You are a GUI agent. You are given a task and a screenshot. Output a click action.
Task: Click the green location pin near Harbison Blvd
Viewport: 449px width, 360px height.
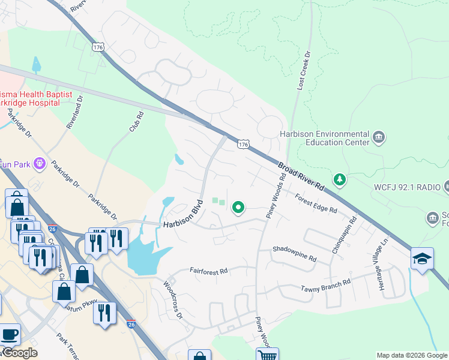(238, 208)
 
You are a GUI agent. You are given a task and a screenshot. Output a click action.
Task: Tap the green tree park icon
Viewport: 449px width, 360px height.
(340, 179)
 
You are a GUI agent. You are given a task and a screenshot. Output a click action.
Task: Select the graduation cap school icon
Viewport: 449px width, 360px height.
(422, 259)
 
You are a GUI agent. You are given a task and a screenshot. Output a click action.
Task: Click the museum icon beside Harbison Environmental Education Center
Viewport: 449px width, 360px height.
(379, 138)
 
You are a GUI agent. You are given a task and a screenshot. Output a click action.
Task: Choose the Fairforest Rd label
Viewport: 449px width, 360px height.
(208, 271)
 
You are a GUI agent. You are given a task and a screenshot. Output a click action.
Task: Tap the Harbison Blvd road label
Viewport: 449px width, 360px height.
(183, 217)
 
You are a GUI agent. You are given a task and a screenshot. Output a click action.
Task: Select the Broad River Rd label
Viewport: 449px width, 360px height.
(302, 176)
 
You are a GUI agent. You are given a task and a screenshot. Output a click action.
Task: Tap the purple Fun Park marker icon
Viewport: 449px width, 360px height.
(40, 163)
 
